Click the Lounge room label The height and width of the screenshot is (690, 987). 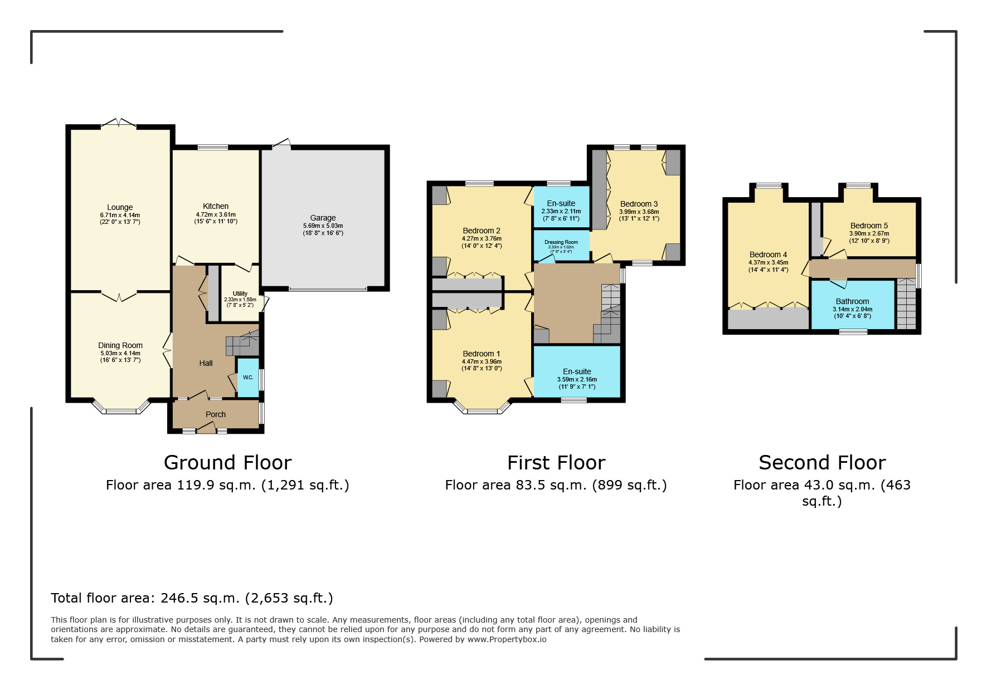coord(120,207)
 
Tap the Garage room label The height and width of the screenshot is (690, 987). coord(323,218)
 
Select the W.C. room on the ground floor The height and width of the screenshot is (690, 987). coord(248,377)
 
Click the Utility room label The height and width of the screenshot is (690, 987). coord(240,293)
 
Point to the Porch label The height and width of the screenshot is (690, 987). coord(216,414)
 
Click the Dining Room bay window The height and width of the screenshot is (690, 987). coord(121,408)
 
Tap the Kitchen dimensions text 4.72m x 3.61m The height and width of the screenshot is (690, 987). coord(216,214)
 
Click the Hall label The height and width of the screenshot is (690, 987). coord(206,363)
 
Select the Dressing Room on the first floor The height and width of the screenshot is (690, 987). coord(561,246)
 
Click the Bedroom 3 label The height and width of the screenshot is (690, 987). coord(639,204)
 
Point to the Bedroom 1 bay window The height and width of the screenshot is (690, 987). coord(482,408)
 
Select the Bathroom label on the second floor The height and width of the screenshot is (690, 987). coord(853,301)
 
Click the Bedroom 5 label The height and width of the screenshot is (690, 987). coord(869,226)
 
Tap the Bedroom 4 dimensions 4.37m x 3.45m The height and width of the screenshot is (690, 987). coord(769,262)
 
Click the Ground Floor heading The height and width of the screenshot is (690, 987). coord(228,463)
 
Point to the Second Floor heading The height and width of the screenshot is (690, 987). coord(823,463)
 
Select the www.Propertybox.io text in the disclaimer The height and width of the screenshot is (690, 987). coord(507,639)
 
